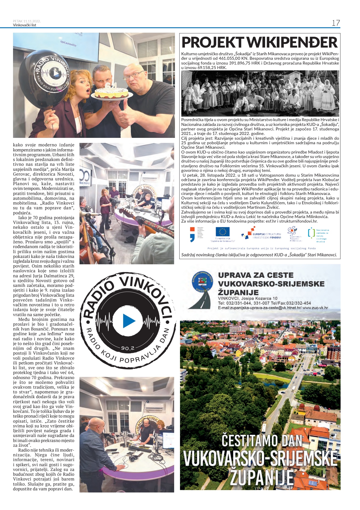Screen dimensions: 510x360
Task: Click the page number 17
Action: (336, 23)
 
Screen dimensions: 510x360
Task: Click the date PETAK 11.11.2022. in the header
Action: (27, 21)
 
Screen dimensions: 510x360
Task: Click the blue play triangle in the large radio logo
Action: (129, 321)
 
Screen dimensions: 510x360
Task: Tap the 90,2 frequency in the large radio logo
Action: (128, 348)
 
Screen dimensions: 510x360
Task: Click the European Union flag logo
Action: (223, 232)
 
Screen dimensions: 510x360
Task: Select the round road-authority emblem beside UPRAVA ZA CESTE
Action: (203, 283)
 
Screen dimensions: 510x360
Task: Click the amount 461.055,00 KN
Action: (233, 58)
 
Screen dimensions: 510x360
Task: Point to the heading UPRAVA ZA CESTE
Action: (256, 275)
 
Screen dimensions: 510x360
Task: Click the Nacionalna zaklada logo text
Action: (323, 236)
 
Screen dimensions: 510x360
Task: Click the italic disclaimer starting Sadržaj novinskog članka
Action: (259, 255)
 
